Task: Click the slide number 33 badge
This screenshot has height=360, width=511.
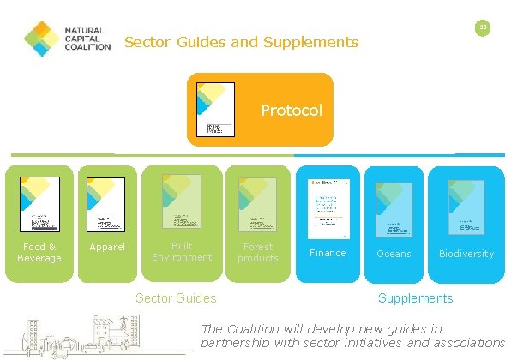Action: (x=483, y=28)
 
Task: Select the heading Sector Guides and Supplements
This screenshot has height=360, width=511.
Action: (x=242, y=42)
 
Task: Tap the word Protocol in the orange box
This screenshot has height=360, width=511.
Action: (x=292, y=111)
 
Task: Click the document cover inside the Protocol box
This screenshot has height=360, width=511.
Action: (x=215, y=109)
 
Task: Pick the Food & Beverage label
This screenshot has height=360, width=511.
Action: (x=39, y=252)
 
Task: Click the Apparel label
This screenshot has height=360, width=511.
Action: (x=108, y=248)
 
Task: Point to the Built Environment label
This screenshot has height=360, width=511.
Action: (x=181, y=251)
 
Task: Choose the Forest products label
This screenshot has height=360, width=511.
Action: (x=257, y=252)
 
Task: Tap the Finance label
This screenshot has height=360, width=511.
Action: (x=328, y=253)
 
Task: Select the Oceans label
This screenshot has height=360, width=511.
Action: (x=394, y=254)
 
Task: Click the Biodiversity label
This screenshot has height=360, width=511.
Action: (x=466, y=254)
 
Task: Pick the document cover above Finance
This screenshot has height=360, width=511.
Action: (x=327, y=206)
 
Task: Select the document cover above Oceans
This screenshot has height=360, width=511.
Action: (x=394, y=208)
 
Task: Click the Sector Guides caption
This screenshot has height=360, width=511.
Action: (x=177, y=298)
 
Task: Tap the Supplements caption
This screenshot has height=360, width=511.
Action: (x=416, y=298)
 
